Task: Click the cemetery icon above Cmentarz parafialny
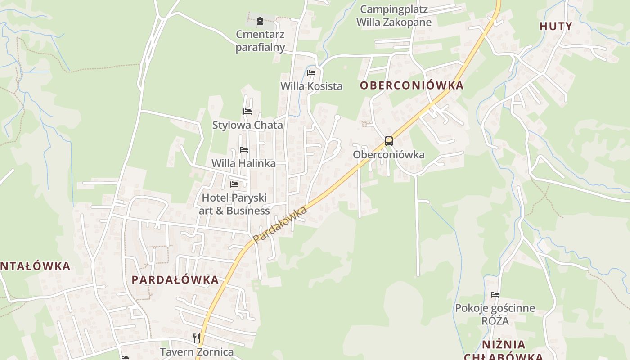pyautogui.click(x=260, y=21)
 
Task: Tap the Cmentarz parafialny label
pyautogui.click(x=260, y=41)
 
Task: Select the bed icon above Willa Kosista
pyautogui.click(x=311, y=73)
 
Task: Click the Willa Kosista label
pyautogui.click(x=311, y=86)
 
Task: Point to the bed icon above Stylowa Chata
pyautogui.click(x=247, y=112)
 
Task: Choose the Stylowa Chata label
pyautogui.click(x=247, y=125)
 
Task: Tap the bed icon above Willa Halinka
pyautogui.click(x=244, y=149)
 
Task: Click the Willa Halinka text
pyautogui.click(x=243, y=163)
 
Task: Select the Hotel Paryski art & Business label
pyautogui.click(x=234, y=204)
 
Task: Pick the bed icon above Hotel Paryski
pyautogui.click(x=234, y=184)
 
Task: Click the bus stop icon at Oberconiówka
pyautogui.click(x=388, y=141)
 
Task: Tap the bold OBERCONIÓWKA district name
pyautogui.click(x=411, y=85)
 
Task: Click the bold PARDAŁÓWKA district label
pyautogui.click(x=175, y=279)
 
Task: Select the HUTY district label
pyautogui.click(x=556, y=26)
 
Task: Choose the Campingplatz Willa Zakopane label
pyautogui.click(x=394, y=16)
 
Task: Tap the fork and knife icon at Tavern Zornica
pyautogui.click(x=196, y=338)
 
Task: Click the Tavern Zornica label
pyautogui.click(x=197, y=351)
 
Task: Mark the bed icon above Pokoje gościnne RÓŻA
pyautogui.click(x=495, y=295)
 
